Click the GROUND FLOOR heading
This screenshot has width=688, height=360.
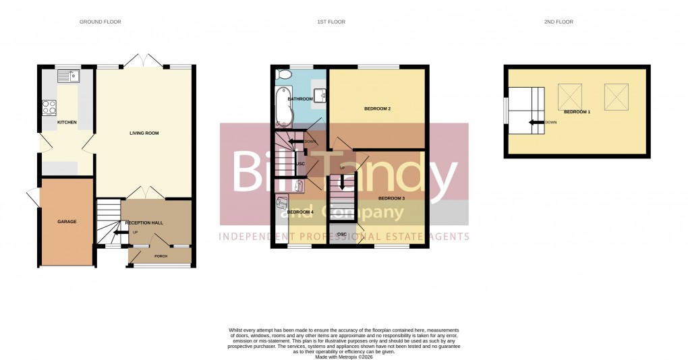(x=101, y=22)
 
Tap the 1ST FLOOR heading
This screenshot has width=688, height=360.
(x=331, y=22)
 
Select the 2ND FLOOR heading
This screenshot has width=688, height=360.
(x=558, y=22)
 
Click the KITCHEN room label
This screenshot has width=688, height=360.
(x=67, y=122)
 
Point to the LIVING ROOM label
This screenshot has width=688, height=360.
(x=144, y=133)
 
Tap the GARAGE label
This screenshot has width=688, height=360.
(x=67, y=222)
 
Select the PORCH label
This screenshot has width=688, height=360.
(x=161, y=256)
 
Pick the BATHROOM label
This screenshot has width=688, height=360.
(x=300, y=99)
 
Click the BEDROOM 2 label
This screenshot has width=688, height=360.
(x=378, y=109)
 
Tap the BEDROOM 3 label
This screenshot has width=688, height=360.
(x=391, y=198)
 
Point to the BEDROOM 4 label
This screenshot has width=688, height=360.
(x=300, y=212)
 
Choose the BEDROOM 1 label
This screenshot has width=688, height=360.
(x=577, y=112)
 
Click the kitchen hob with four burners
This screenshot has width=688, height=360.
(x=50, y=107)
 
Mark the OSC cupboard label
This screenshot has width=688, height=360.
(x=341, y=234)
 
